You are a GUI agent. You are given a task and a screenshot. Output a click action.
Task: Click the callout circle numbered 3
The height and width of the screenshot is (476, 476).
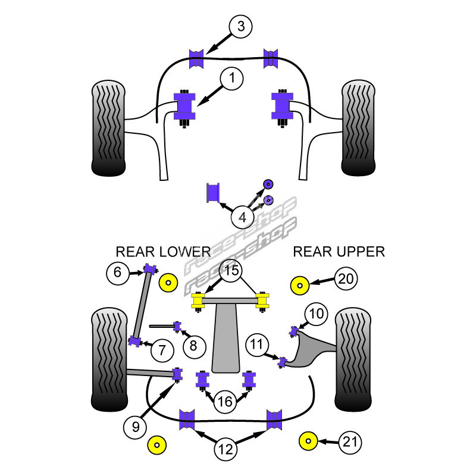[240, 27]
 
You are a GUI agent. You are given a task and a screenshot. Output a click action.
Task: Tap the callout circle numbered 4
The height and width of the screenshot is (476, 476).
[242, 218]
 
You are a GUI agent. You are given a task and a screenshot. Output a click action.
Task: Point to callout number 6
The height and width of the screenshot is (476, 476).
[118, 273]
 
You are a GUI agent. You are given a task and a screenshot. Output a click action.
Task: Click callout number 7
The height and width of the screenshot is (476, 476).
[162, 350]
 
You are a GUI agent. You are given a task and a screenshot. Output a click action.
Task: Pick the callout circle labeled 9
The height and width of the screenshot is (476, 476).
[136, 426]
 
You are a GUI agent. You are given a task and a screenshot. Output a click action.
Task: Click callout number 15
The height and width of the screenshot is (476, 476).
[231, 271]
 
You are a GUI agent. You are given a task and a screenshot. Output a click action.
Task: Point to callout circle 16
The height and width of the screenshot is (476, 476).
[225, 402]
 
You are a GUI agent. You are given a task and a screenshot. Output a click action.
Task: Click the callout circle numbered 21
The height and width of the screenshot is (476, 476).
[350, 441]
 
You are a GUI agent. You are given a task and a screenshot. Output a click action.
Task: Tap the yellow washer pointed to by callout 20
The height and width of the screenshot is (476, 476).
[299, 286]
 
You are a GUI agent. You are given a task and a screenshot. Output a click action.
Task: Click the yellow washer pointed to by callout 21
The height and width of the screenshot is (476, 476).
[308, 442]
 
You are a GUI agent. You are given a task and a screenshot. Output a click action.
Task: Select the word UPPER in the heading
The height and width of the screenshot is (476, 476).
[359, 252]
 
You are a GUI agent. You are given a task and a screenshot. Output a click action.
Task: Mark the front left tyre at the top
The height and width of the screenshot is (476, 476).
[108, 128]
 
